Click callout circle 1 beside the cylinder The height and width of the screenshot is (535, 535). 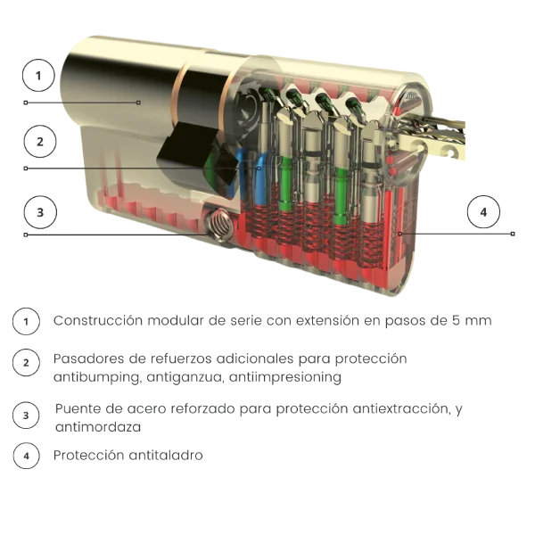pos(38,76)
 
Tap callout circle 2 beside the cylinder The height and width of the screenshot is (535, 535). pos(40,142)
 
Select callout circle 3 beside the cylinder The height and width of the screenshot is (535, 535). pos(40,212)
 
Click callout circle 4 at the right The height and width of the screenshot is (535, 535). pos(483,212)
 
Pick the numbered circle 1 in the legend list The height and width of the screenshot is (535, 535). pos(26,321)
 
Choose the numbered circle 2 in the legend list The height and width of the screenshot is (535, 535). pos(26,363)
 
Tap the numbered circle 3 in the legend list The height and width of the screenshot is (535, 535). pos(26,416)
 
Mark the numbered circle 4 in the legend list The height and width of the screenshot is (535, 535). pos(26,456)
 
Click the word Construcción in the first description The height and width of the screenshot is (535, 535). pos(98,321)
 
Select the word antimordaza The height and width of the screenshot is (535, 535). pos(98,427)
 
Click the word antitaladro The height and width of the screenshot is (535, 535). pos(166,455)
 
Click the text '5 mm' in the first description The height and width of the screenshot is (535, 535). pos(472,321)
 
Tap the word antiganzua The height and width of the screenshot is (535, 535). pos(185,378)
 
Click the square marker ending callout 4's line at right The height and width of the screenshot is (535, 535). pos(513,234)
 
